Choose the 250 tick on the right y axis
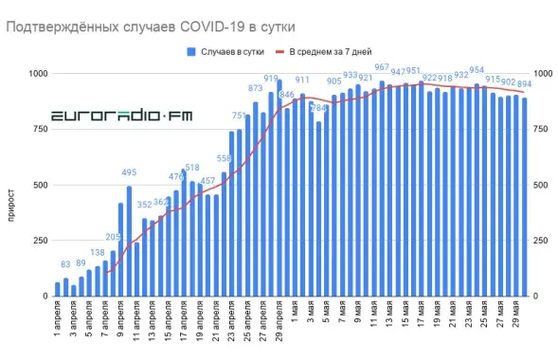[542, 241]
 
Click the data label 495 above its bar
[130, 172]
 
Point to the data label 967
[382, 68]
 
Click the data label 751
[240, 116]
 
